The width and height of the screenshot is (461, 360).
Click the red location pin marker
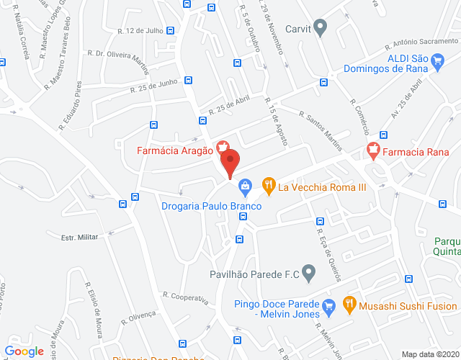pyautogui.click(x=230, y=163)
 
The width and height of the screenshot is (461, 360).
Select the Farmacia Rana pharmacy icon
pyautogui.click(x=372, y=151)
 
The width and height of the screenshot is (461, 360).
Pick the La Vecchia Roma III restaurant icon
pyautogui.click(x=269, y=186)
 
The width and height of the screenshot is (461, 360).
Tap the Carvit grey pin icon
pyautogui.click(x=323, y=28)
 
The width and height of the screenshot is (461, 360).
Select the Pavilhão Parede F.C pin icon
pyautogui.click(x=309, y=274)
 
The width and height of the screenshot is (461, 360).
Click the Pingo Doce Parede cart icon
pyautogui.click(x=328, y=305)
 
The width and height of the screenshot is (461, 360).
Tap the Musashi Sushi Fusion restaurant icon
pyautogui.click(x=350, y=305)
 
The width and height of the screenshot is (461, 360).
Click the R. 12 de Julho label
pyautogui.click(x=140, y=31)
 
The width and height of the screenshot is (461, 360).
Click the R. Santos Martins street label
pyautogui.click(x=321, y=130)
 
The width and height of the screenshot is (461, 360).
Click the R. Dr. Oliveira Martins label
pyautogui.click(x=120, y=61)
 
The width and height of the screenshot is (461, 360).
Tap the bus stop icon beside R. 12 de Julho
pyautogui.click(x=170, y=31)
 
